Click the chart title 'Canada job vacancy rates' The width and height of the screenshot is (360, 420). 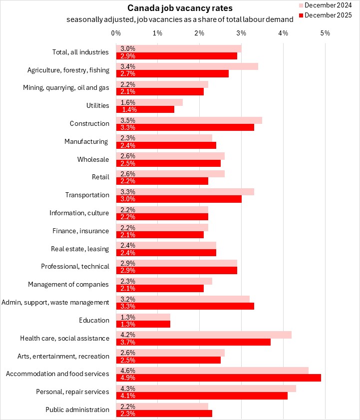click(173, 8)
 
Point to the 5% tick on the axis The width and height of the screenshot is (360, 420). click(325, 33)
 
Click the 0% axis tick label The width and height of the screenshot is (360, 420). click(116, 33)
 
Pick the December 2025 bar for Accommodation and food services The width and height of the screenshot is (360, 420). click(218, 378)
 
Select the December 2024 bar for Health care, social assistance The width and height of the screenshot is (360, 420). click(204, 334)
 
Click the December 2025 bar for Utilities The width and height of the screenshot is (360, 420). click(145, 109)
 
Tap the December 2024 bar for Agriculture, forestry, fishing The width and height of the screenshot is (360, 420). click(187, 66)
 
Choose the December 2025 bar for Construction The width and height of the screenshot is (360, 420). click(185, 127)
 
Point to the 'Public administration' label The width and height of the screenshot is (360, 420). click(77, 410)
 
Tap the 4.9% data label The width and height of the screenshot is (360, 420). click(126, 378)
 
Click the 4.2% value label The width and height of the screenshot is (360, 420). click(126, 334)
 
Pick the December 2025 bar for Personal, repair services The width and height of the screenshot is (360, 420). click(202, 396)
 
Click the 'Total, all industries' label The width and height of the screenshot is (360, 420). click(80, 52)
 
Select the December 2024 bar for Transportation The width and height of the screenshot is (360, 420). click(185, 191)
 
